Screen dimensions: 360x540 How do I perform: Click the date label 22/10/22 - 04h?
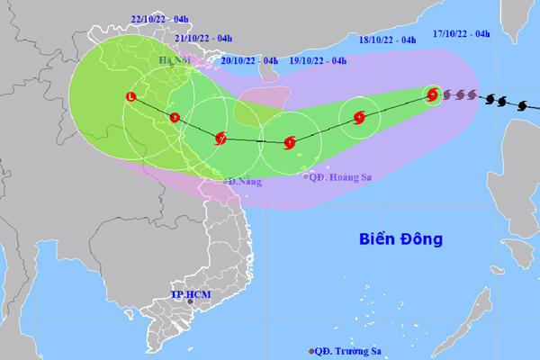pos(161,17)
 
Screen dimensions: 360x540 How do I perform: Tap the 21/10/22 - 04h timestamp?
pos(203,38)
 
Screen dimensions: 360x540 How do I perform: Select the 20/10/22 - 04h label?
pos(249,61)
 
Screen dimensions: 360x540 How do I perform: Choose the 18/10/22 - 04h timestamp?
pos(387,40)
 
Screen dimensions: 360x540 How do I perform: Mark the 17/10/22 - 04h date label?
pos(461,34)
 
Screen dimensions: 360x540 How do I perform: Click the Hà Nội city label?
pos(176,60)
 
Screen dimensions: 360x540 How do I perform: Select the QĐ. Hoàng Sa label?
pos(341,177)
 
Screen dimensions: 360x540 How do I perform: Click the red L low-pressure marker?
pos(132,96)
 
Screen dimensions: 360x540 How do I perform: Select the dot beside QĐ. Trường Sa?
pos(312,351)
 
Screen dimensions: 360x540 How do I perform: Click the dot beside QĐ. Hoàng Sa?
pos(304,177)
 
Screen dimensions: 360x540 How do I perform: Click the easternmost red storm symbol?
pos(433,94)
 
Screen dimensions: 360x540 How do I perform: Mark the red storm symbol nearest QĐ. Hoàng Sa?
pos(289,141)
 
